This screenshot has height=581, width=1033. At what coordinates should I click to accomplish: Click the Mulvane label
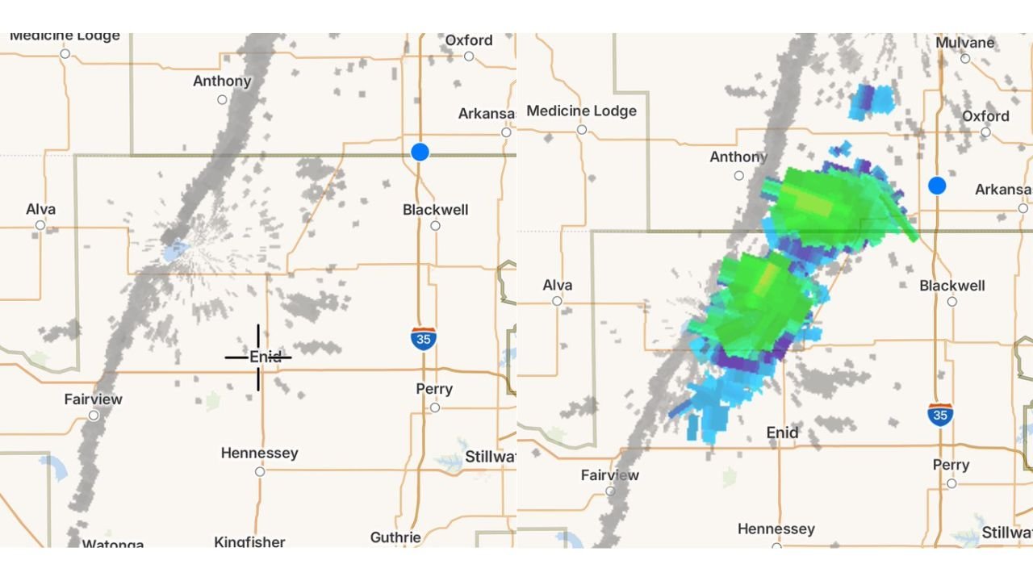[x=965, y=43]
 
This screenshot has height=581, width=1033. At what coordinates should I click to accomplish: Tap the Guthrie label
[x=395, y=537]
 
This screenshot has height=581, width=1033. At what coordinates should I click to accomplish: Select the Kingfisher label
[x=249, y=541]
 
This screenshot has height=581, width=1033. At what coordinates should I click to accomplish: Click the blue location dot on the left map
[x=420, y=152]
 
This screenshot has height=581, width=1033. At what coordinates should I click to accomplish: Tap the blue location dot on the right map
[x=937, y=186]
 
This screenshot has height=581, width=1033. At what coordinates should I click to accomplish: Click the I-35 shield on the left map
[x=423, y=339]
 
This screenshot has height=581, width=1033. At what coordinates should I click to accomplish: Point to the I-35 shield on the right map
[x=940, y=415]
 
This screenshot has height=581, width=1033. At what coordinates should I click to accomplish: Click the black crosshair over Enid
[x=258, y=357]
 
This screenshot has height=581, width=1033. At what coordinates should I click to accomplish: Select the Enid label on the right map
[x=782, y=433]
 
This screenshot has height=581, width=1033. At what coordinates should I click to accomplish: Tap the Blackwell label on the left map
[x=436, y=210]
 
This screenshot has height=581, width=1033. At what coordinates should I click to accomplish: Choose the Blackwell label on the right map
[x=952, y=286]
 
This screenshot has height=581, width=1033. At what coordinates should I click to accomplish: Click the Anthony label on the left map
[x=222, y=82]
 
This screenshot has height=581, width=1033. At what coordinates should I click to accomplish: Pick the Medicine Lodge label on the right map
[x=581, y=111]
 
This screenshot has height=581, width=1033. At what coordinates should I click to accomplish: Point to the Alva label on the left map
[x=40, y=210]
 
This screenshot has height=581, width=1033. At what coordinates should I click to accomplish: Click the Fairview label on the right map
[x=610, y=475]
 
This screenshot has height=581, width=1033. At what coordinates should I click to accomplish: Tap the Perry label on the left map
[x=434, y=389]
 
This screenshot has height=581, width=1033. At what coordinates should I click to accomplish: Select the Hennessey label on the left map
[x=259, y=454]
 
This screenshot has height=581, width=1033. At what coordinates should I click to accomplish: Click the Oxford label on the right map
[x=985, y=116]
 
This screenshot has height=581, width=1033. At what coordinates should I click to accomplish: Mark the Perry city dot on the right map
[x=951, y=483]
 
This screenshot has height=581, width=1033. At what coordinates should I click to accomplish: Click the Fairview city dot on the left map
[x=94, y=416]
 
